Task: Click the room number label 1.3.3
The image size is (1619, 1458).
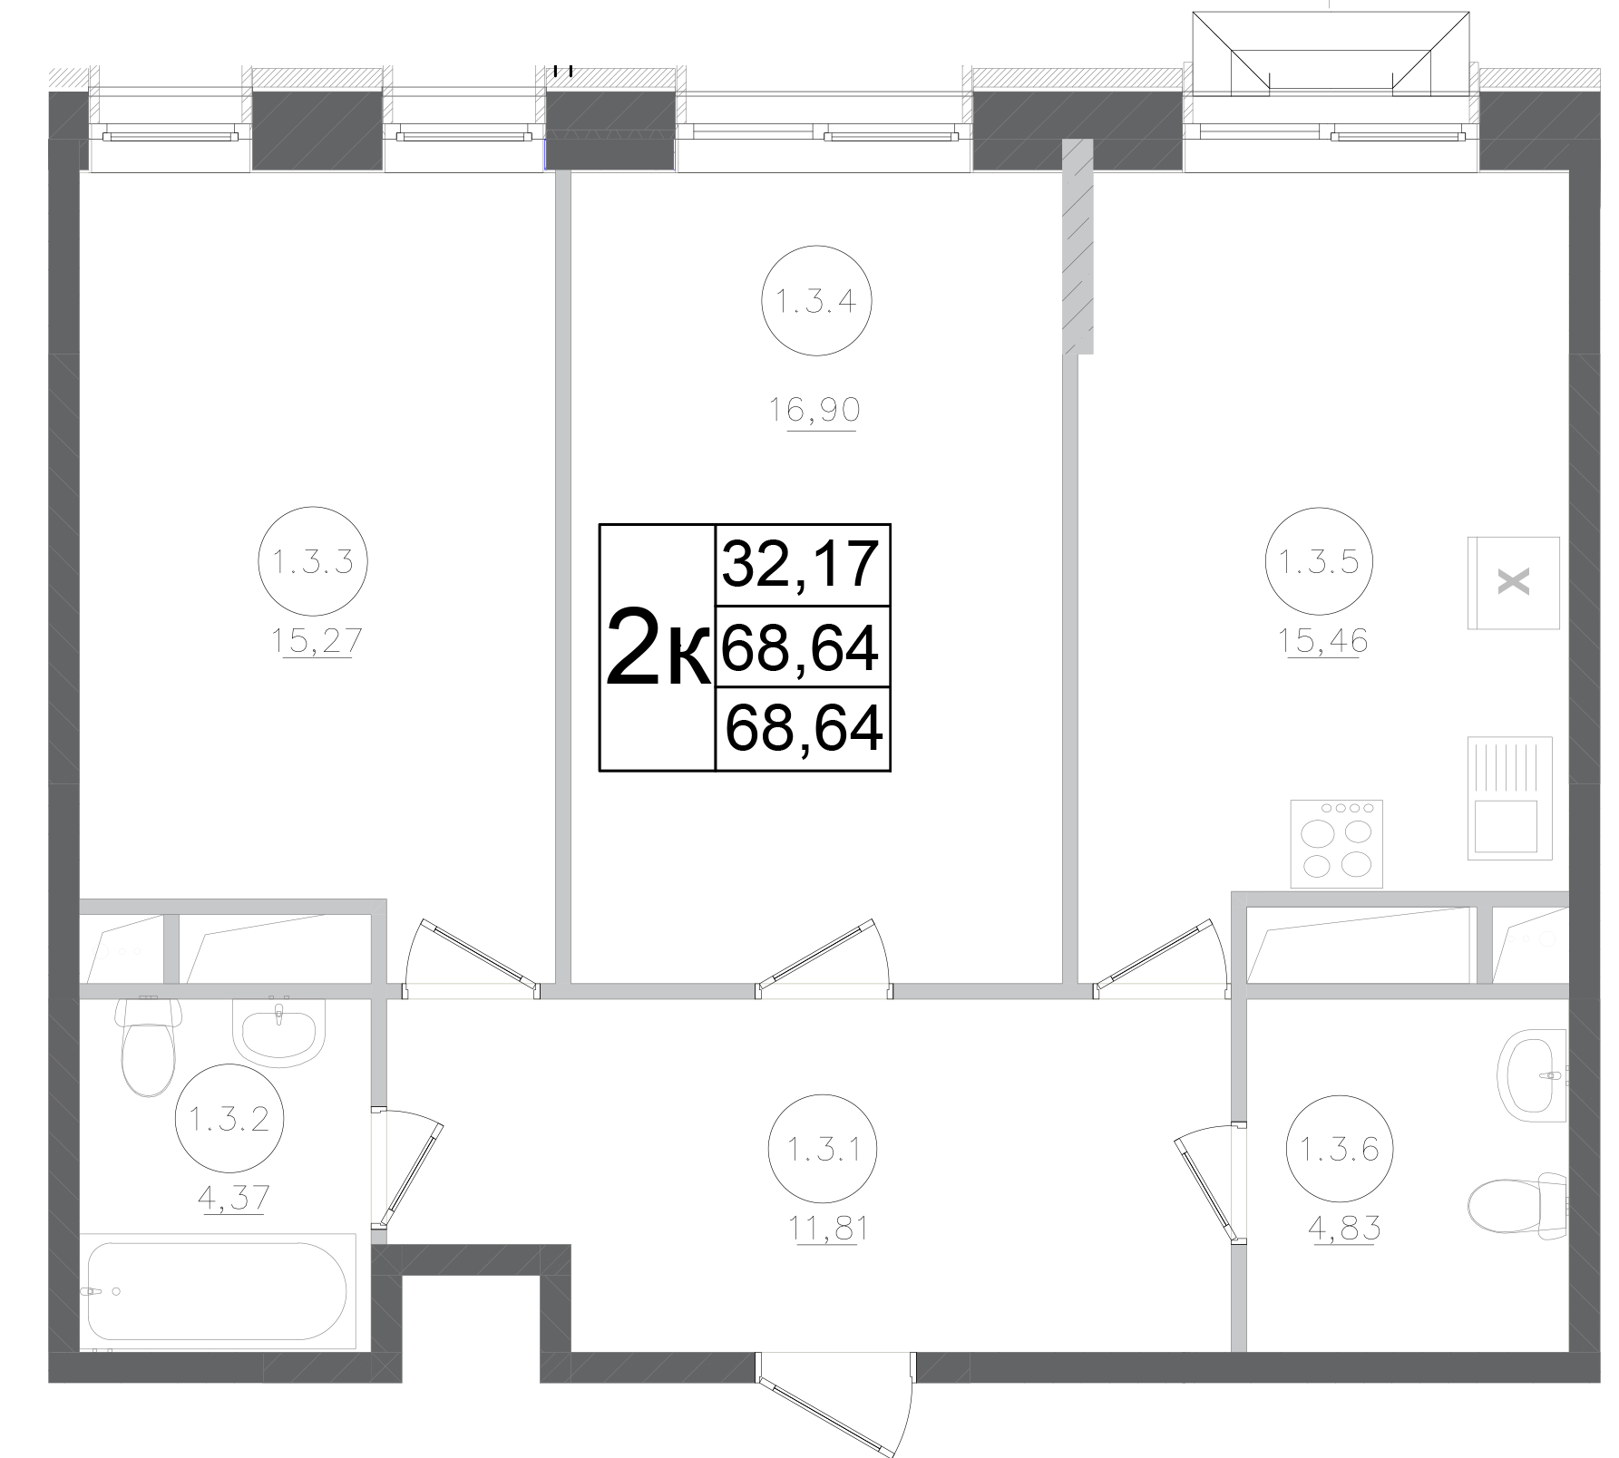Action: pos(312,563)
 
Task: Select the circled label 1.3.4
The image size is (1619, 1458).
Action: pos(815,300)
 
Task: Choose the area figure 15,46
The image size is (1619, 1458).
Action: pos(1322,641)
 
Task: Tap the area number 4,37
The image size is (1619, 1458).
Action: pos(233,1198)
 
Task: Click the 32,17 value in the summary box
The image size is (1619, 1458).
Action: pos(801,564)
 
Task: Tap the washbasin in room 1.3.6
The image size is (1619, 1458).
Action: pos(1533,1075)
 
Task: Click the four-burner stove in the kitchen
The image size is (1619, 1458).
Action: pos(1336,842)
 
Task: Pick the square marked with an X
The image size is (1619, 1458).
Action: pos(1513,582)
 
